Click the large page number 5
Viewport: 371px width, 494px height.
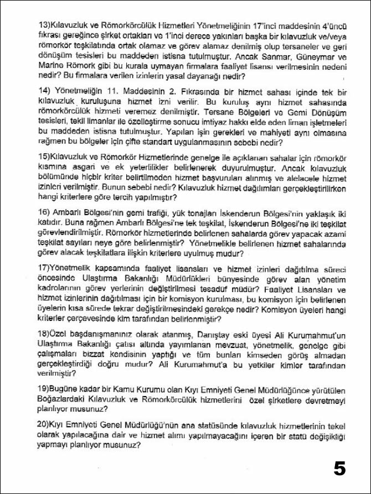click(339, 468)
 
